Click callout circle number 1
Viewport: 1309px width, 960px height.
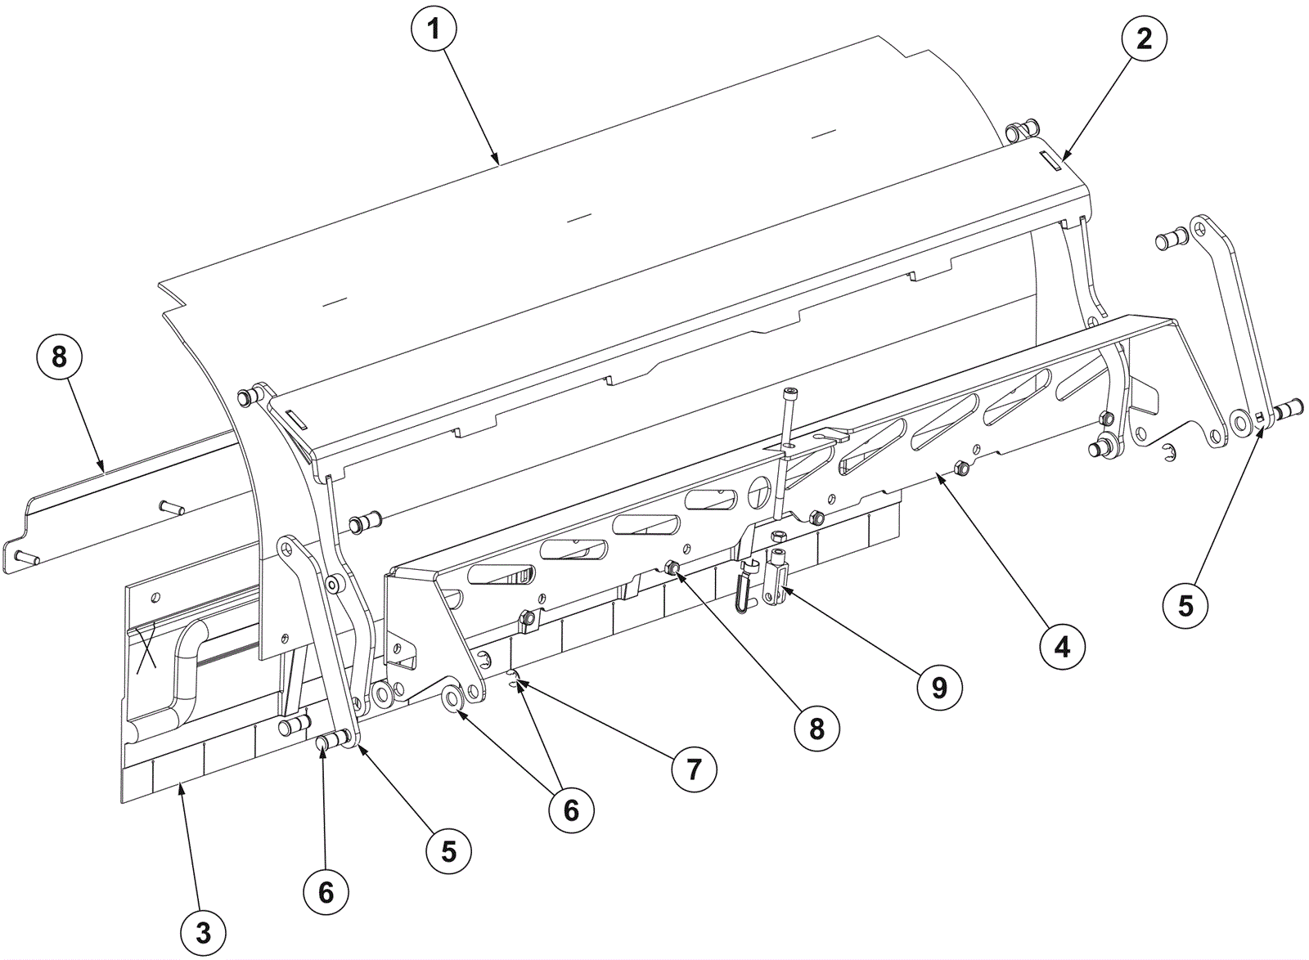(434, 29)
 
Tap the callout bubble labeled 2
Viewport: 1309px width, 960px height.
(1144, 38)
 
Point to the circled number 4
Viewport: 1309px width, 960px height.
(1062, 647)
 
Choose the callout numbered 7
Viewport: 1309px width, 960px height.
(694, 769)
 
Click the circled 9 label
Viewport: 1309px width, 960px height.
(939, 688)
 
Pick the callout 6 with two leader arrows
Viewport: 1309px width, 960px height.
(571, 810)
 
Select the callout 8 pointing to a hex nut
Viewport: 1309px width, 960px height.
(816, 729)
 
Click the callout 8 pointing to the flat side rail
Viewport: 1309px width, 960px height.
(59, 357)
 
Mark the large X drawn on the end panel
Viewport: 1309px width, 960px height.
(146, 648)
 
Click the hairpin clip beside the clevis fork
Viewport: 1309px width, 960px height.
(744, 589)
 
